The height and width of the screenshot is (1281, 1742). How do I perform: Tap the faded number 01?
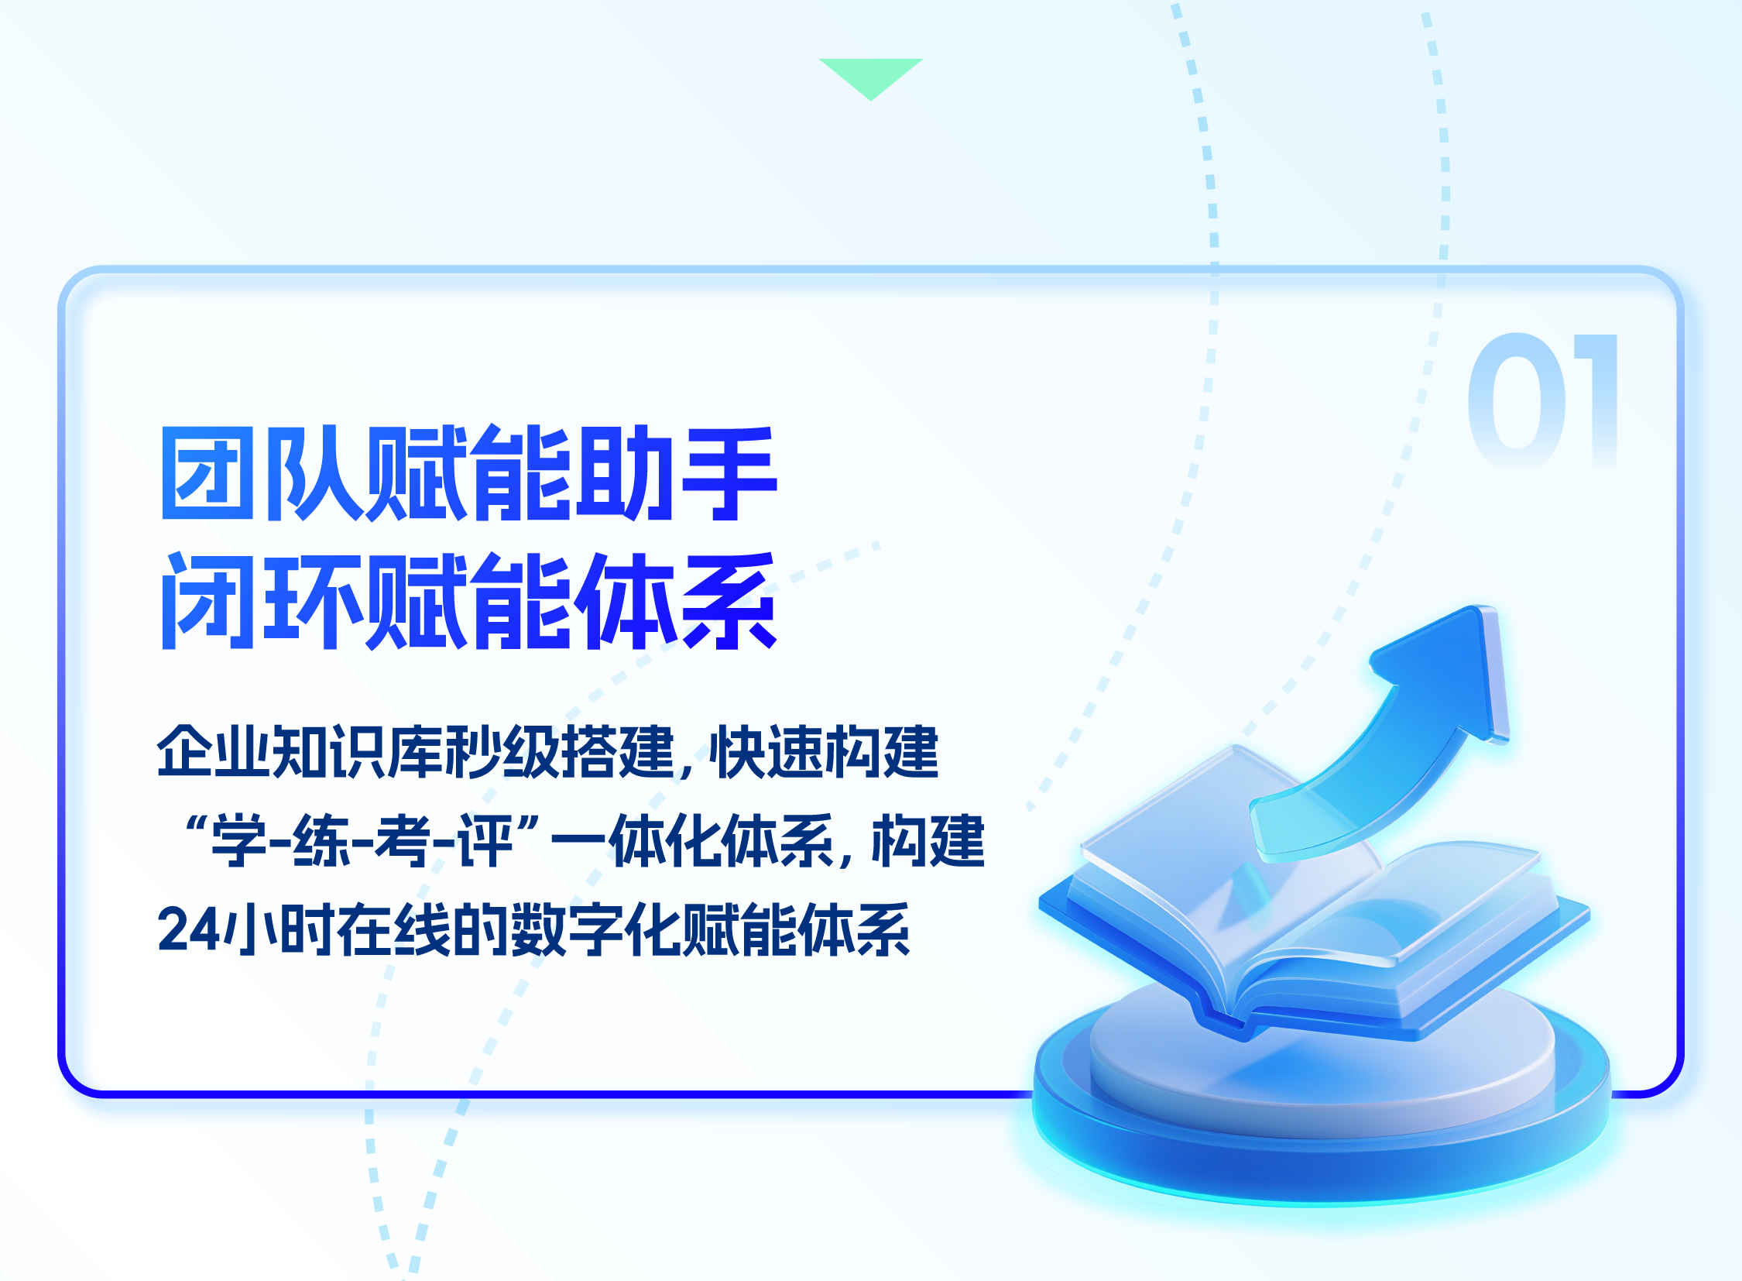pos(1543,400)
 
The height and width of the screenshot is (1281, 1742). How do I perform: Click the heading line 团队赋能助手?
pos(469,472)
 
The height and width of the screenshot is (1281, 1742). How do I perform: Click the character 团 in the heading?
pos(207,472)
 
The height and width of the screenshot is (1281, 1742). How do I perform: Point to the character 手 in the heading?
pos(729,472)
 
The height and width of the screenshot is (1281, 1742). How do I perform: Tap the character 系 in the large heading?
pos(729,601)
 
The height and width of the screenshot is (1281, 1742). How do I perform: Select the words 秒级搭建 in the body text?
pos(560,750)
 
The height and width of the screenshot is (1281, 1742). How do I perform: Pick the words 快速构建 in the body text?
pos(823,750)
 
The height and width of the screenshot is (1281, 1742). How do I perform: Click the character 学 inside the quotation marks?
pos(238,840)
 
